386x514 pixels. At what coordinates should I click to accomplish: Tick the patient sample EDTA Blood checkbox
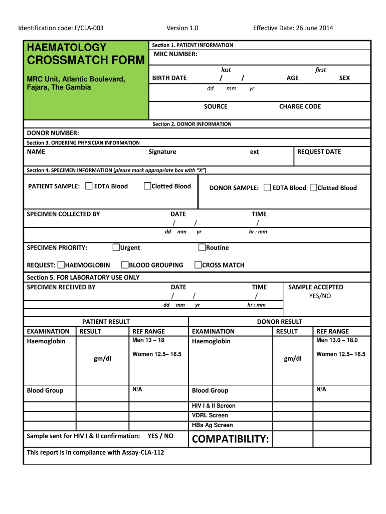89,186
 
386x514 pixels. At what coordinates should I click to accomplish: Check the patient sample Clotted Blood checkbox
147,186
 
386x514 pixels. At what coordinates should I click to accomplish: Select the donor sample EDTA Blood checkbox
267,188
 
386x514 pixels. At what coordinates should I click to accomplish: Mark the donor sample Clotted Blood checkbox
313,188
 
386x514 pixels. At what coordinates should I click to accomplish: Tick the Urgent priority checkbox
116,247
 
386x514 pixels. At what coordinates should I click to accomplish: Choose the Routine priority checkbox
202,247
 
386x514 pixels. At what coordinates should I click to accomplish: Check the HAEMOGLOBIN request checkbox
61,265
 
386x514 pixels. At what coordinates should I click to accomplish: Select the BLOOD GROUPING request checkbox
125,265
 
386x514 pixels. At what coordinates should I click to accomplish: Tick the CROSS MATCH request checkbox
198,265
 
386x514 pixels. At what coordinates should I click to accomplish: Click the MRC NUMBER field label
175,54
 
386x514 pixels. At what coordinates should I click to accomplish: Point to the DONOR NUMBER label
53,133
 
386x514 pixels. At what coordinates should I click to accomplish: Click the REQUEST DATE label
319,152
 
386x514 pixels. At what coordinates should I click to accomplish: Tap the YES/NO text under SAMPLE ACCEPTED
320,296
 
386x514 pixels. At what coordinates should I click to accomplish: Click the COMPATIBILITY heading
231,440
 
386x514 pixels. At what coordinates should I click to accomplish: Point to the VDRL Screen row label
210,415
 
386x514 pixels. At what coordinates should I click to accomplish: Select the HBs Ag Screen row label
213,425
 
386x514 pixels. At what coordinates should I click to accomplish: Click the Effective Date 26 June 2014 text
293,28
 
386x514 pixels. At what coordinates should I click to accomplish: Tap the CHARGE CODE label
300,106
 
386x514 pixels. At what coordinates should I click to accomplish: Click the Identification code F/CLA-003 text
61,28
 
